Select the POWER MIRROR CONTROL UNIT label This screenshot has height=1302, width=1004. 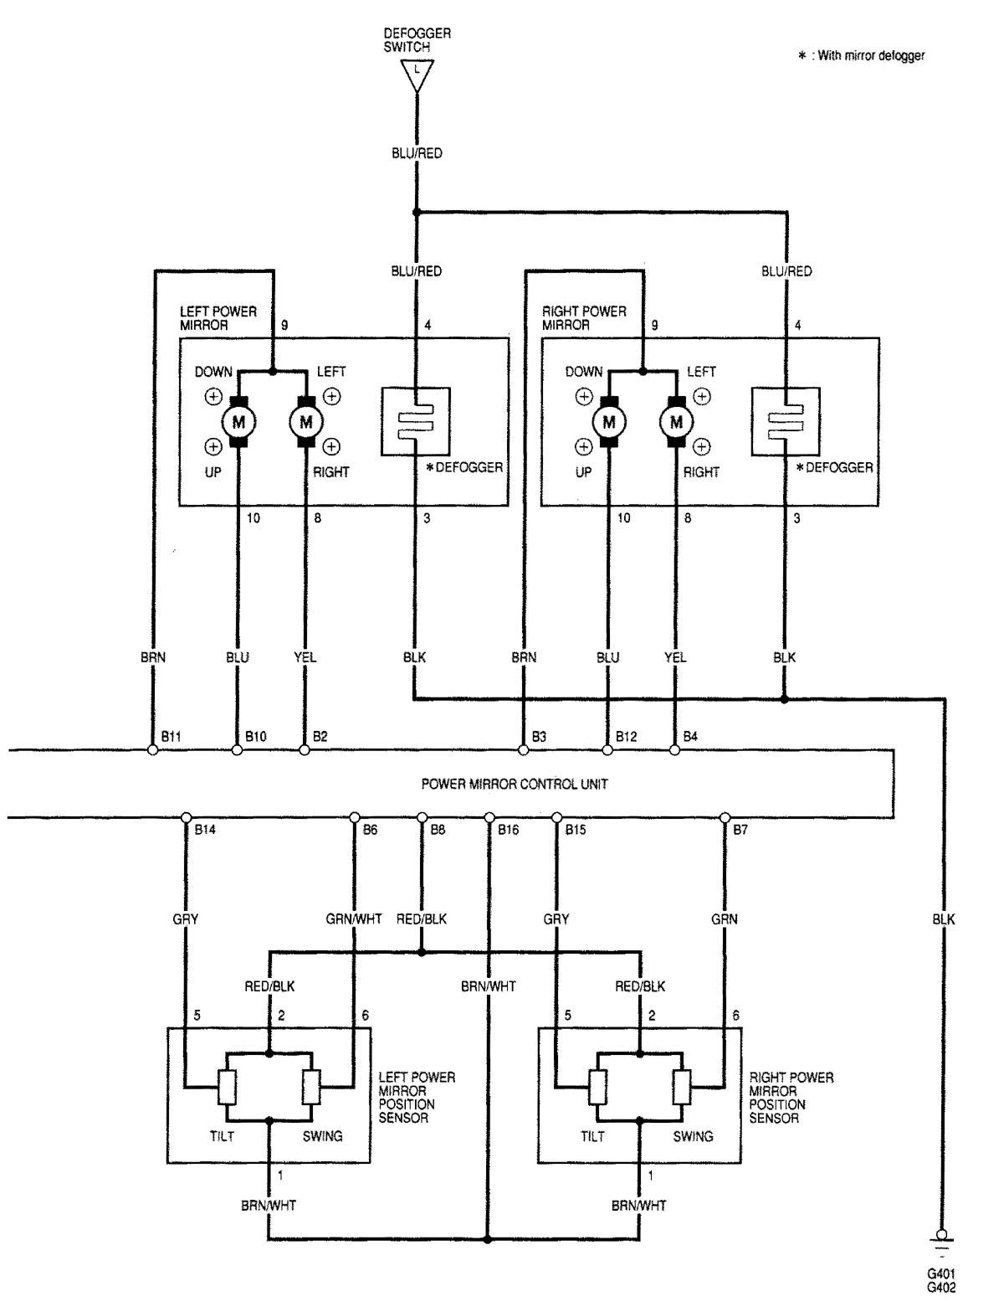[x=514, y=785]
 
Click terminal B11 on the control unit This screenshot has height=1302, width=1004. [x=152, y=750]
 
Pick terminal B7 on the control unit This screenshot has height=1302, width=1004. [x=725, y=817]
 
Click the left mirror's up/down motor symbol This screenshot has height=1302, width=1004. [x=238, y=421]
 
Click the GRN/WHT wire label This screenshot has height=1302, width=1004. [x=354, y=919]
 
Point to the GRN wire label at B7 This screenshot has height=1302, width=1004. [x=725, y=919]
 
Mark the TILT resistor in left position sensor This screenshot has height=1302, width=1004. [x=228, y=1088]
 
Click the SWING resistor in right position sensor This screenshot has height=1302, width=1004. [x=681, y=1088]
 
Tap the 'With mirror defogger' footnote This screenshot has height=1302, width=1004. [x=863, y=56]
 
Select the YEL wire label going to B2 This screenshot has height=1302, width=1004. [x=305, y=657]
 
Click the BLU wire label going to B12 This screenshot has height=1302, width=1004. [x=608, y=657]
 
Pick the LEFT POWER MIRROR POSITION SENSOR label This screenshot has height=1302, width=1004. [x=417, y=1097]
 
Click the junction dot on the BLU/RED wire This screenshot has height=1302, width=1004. [x=416, y=212]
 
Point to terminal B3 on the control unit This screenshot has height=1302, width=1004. [x=523, y=750]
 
